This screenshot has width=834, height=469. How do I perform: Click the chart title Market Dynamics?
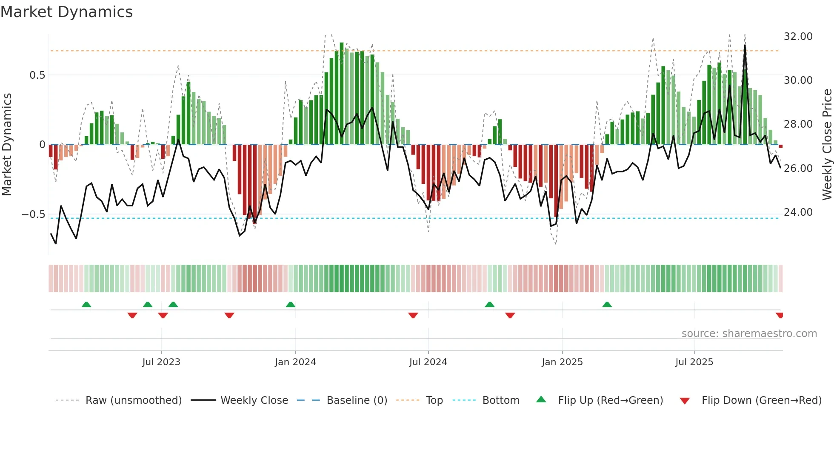(x=66, y=12)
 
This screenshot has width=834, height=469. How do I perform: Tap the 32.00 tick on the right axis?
(x=798, y=37)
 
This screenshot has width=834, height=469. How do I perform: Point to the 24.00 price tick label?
(x=798, y=212)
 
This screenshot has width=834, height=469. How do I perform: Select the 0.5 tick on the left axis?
(x=37, y=75)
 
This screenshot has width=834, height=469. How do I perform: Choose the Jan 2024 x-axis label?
(x=295, y=362)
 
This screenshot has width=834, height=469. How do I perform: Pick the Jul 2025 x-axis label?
(x=694, y=362)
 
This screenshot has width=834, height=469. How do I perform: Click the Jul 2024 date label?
(x=428, y=362)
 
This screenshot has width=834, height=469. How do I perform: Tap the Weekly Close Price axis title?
(x=827, y=144)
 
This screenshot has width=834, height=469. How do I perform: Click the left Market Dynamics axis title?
(x=7, y=144)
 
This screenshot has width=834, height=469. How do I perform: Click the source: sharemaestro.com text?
(x=749, y=334)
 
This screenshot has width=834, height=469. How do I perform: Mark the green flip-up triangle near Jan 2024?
(x=291, y=305)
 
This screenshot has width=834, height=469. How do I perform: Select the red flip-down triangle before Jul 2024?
(x=413, y=315)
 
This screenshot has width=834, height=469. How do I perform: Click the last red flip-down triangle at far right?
(x=780, y=315)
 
